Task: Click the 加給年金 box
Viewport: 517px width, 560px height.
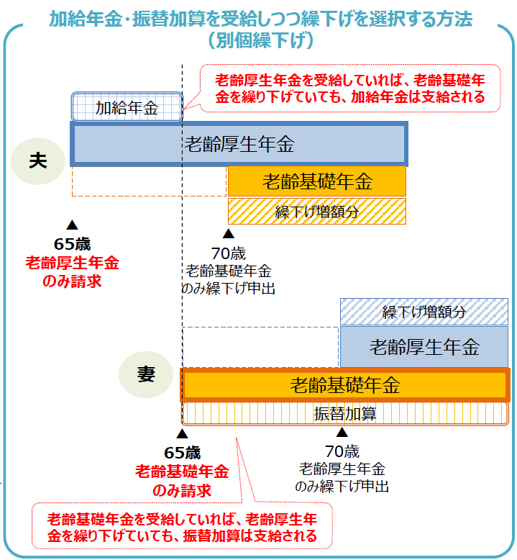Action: click(127, 107)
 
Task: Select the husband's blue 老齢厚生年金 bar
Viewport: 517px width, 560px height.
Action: click(239, 144)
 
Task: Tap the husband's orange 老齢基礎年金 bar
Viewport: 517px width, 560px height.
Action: click(317, 181)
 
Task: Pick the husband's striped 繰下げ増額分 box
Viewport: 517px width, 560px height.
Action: click(317, 211)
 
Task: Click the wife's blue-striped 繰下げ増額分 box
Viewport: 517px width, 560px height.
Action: click(424, 312)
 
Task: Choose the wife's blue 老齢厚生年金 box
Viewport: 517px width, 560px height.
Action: click(424, 347)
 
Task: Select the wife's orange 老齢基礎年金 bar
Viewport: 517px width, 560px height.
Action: click(344, 384)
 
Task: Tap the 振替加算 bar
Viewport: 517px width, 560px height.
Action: click(344, 414)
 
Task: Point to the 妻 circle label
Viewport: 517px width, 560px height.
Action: click(146, 374)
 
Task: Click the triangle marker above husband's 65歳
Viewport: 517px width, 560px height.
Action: click(72, 224)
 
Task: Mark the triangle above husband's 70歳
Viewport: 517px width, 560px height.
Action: click(228, 233)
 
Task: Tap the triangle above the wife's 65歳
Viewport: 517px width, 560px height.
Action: click(182, 434)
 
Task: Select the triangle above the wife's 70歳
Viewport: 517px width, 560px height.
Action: click(342, 432)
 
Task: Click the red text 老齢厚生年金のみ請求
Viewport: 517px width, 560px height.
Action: click(72, 271)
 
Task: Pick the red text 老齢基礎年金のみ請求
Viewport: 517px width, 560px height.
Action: click(182, 481)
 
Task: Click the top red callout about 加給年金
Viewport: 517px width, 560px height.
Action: click(349, 88)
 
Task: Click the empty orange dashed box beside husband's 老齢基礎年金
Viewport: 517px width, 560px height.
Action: click(149, 181)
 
